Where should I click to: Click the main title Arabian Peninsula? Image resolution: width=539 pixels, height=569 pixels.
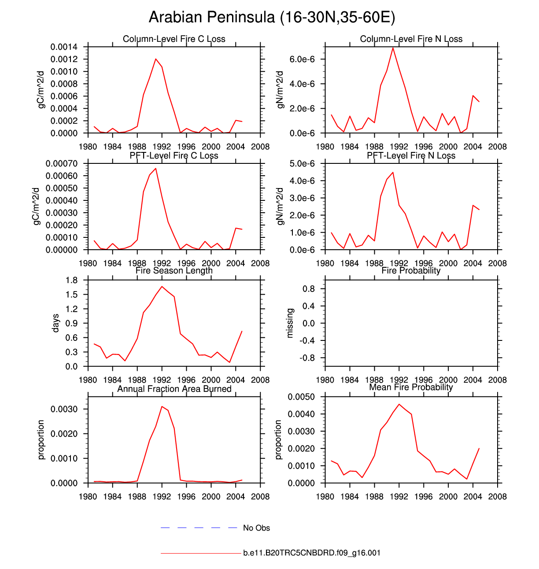click(272, 18)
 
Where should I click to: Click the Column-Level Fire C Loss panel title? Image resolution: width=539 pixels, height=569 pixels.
click(174, 39)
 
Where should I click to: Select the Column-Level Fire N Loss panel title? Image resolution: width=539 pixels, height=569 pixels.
click(411, 39)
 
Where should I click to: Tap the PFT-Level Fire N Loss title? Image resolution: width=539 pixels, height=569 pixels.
click(411, 155)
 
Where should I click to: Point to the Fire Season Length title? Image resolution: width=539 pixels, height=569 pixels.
click(174, 270)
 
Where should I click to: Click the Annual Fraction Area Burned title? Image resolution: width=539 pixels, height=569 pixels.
click(174, 389)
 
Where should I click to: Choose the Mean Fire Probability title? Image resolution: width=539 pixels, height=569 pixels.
click(411, 387)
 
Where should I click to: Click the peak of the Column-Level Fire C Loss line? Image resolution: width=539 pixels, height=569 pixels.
click(155, 59)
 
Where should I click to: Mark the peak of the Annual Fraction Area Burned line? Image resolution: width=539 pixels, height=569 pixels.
click(162, 406)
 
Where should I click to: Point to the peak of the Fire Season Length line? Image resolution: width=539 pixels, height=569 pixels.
click(162, 286)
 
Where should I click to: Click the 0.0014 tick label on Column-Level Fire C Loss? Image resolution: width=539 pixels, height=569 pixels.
click(64, 47)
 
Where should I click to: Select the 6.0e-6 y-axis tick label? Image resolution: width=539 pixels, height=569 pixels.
click(302, 59)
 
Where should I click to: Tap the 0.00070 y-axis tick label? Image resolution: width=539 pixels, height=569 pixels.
click(62, 164)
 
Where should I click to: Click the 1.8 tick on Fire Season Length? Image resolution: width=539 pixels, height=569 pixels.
click(71, 281)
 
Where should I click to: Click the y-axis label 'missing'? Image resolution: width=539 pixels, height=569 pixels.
click(290, 323)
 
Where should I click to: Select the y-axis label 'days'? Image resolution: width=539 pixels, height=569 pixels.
click(55, 323)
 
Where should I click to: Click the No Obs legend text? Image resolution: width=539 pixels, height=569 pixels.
click(256, 528)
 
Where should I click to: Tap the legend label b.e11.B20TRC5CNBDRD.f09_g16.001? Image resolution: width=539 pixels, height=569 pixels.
click(312, 553)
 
